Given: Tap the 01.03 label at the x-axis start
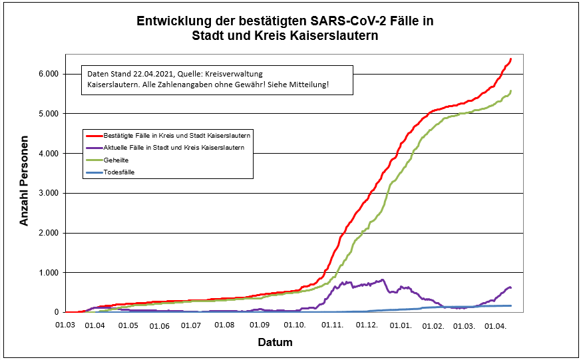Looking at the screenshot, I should (x=65, y=325).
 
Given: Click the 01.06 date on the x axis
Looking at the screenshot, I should (x=160, y=325).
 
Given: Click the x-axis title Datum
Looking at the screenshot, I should (x=275, y=342).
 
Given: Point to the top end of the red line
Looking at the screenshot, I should (x=510, y=59).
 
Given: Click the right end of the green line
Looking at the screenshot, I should (x=510, y=90).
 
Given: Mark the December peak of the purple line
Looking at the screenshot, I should (x=382, y=280).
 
